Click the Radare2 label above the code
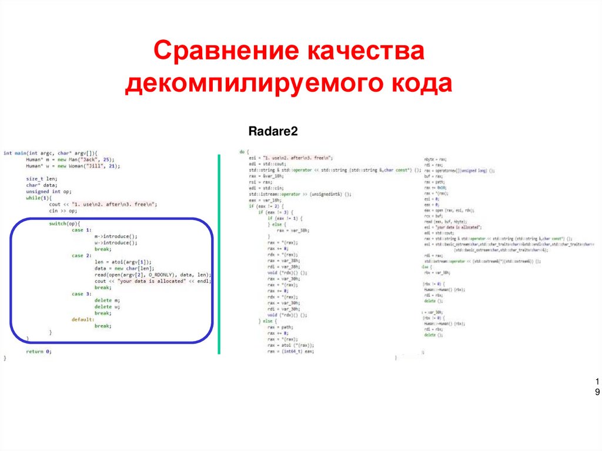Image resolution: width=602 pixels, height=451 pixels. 273,132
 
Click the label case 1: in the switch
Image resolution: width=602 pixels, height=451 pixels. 82,230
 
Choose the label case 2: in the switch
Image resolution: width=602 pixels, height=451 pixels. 82,256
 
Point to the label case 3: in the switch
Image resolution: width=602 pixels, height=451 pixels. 82,294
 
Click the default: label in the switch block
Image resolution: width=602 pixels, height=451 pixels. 83,319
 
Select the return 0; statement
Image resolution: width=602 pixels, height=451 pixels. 39,351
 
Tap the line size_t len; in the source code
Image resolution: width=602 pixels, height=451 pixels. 41,179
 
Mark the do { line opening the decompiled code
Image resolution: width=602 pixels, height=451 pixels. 245,152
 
